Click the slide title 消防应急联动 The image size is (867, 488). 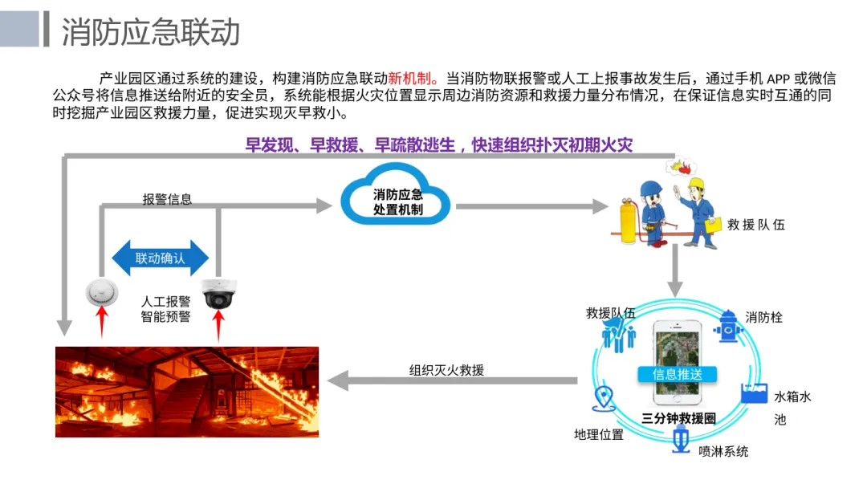[150, 31]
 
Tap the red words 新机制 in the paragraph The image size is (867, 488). [409, 78]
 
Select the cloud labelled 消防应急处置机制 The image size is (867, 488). [396, 194]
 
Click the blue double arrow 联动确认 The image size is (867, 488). [161, 258]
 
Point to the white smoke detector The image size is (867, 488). [102, 292]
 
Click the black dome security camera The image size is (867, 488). [219, 294]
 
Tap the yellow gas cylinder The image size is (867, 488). [629, 221]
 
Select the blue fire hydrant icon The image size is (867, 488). [728, 326]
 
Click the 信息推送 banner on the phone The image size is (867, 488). [678, 374]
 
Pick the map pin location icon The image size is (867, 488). [604, 398]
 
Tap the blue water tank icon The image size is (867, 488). [754, 392]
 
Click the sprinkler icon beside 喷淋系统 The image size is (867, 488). [681, 441]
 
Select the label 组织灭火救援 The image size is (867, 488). [447, 370]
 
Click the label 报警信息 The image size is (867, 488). [167, 199]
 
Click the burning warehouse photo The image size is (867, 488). [187, 392]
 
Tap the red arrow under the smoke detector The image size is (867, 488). [102, 322]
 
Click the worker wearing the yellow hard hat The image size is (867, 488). [698, 212]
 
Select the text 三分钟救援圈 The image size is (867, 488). [678, 418]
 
